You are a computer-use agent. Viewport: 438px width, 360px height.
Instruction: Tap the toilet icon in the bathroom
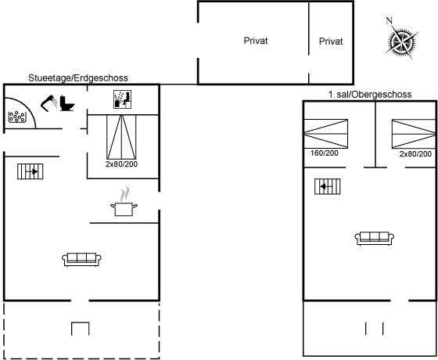pyautogui.click(x=67, y=103)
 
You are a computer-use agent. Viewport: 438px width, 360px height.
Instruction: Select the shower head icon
pyautogui.click(x=49, y=103)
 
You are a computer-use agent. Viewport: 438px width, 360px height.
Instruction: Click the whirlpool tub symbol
pyautogui.click(x=17, y=117)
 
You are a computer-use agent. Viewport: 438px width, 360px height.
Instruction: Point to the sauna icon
pyautogui.click(x=122, y=99)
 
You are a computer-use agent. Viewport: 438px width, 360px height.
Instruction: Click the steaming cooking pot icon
pyautogui.click(x=124, y=202)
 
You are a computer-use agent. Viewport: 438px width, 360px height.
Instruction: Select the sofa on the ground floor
pyautogui.click(x=81, y=260)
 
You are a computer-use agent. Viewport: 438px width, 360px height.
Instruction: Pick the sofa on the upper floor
pyautogui.click(x=375, y=239)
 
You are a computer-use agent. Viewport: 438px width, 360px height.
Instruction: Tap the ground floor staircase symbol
pyautogui.click(x=31, y=171)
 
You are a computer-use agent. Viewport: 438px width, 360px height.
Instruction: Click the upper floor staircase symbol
pyautogui.click(x=328, y=186)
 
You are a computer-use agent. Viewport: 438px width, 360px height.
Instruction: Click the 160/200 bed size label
pyautogui.click(x=325, y=153)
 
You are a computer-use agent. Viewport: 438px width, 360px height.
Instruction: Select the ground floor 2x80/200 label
pyautogui.click(x=121, y=164)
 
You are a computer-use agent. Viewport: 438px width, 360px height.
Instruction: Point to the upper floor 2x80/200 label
pyautogui.click(x=415, y=153)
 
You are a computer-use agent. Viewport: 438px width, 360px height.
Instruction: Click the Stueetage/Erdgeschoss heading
pyautogui.click(x=78, y=77)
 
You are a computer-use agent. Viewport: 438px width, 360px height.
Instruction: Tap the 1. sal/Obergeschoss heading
pyautogui.click(x=369, y=95)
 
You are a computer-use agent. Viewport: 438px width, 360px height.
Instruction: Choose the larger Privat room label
pyautogui.click(x=256, y=41)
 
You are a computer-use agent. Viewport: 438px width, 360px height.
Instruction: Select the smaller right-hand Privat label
pyautogui.click(x=331, y=41)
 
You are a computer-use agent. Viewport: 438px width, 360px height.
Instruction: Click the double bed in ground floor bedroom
pyautogui.click(x=121, y=137)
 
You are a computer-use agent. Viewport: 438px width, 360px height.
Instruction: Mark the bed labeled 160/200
pyautogui.click(x=325, y=134)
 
